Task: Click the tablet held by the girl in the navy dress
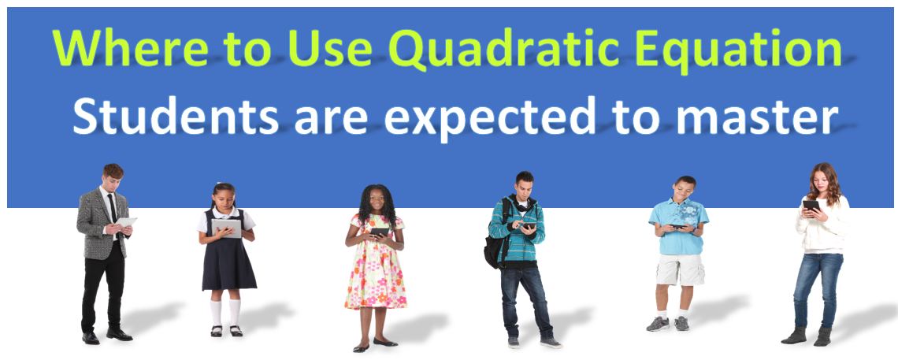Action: pos(226,228)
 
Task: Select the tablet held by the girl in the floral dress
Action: pos(380,232)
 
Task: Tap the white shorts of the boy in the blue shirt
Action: pos(680,269)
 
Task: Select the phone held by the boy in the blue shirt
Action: pos(677,226)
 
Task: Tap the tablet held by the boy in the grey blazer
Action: pos(125,221)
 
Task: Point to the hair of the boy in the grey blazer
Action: pos(113,170)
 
